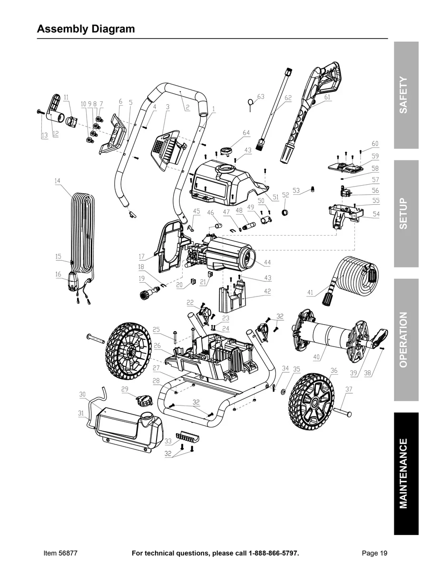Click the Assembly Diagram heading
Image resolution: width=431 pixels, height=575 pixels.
coord(86,29)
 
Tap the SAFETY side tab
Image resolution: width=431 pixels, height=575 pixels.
coord(405,95)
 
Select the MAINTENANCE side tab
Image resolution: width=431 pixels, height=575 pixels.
coord(405,473)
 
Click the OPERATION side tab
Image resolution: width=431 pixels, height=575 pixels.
coord(405,339)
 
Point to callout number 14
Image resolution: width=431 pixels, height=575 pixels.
coord(58,181)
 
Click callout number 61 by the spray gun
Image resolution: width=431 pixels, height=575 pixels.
coord(327,97)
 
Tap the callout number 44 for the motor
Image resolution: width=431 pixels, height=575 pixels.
coord(267,263)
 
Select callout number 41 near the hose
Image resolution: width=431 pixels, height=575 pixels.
coord(310,293)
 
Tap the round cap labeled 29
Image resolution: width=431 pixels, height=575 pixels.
coord(143,400)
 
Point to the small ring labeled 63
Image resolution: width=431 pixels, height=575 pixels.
coord(250,101)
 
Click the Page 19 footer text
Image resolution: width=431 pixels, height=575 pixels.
coord(374,553)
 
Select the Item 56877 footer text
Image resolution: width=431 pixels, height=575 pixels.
coord(60,553)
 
